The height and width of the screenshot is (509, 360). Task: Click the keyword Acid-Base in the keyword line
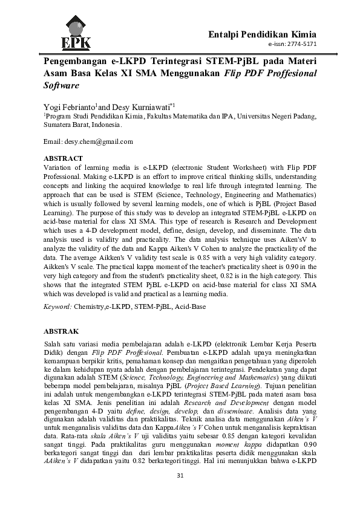pos(190,307)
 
